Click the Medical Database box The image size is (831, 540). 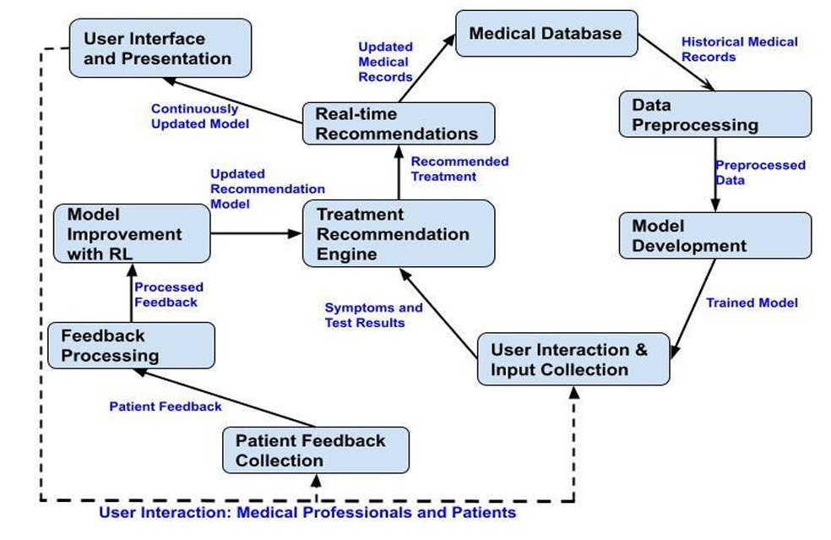546,35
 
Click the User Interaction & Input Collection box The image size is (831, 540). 573,360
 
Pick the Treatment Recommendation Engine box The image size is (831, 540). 398,234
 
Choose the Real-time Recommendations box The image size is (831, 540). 397,123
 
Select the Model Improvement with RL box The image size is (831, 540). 129,234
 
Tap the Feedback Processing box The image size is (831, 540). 131,345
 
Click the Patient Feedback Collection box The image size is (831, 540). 316,450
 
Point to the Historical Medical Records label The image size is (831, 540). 739,49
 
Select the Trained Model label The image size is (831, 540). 752,302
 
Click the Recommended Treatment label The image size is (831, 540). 459,169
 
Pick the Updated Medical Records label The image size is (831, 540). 385,62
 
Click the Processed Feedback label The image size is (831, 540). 169,294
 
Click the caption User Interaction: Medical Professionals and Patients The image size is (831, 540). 307,513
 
